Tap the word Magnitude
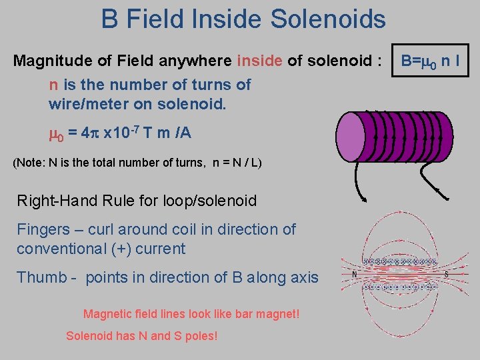50,62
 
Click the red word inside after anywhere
260,62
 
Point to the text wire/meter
87,105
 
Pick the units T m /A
166,133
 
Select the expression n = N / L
236,163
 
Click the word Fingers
43,229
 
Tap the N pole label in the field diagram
354,273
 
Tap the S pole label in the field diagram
445,273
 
